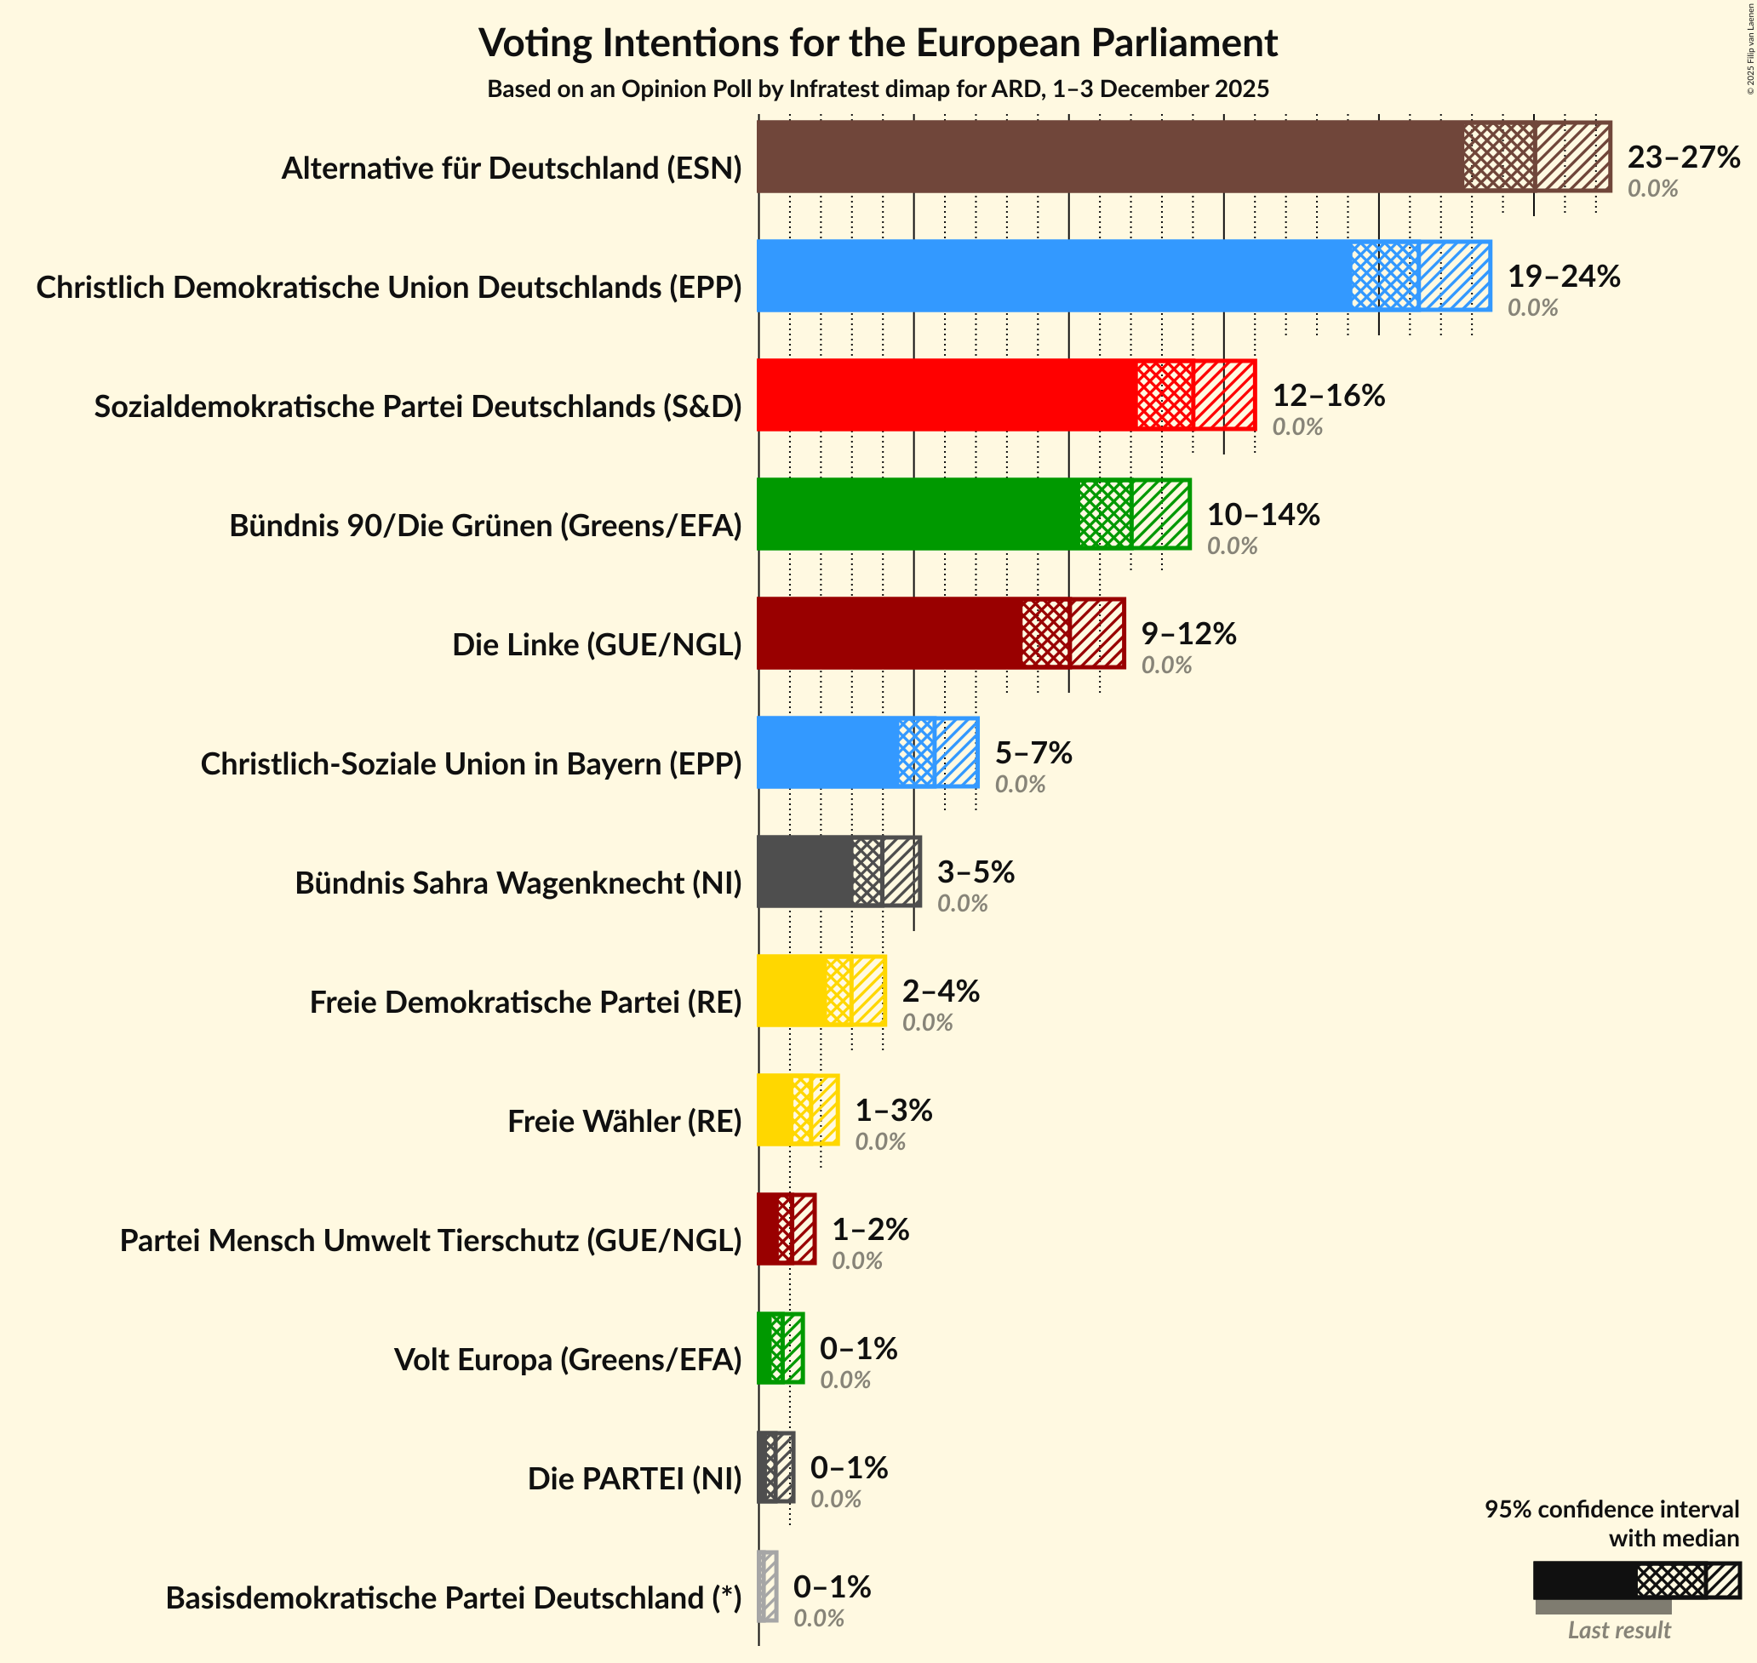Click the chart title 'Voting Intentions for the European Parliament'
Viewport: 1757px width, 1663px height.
[x=878, y=43]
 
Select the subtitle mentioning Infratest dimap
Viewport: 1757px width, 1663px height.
[x=878, y=89]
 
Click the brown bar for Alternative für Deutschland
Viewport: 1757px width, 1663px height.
[x=1108, y=157]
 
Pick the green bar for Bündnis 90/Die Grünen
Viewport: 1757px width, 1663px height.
[x=918, y=514]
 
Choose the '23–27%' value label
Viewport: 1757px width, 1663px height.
[x=1684, y=157]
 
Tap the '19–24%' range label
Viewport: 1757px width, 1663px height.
[x=1564, y=277]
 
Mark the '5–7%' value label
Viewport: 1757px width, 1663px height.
[x=1033, y=752]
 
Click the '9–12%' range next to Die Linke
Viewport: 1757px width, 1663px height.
[x=1188, y=633]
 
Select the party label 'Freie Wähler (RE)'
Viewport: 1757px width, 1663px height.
[x=624, y=1122]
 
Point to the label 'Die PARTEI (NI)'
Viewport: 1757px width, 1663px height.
[x=634, y=1478]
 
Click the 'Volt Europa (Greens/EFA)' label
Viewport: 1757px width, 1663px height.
[x=567, y=1359]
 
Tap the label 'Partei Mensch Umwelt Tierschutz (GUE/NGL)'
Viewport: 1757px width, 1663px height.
[x=431, y=1240]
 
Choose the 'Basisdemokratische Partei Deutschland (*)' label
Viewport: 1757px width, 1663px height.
[x=453, y=1597]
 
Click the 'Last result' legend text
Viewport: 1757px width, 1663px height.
[x=1619, y=1630]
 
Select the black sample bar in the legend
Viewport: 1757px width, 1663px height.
[x=1584, y=1580]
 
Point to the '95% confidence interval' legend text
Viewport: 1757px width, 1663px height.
[x=1611, y=1509]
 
